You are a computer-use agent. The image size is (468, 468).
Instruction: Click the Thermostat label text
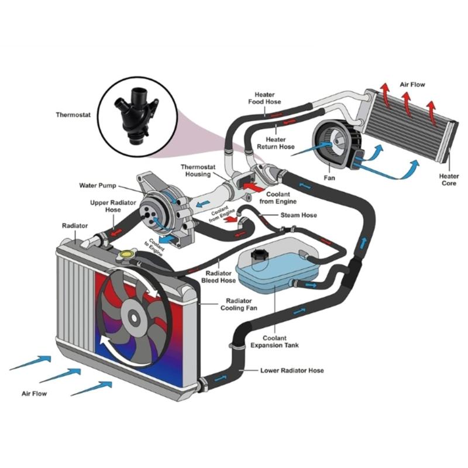[x=73, y=115]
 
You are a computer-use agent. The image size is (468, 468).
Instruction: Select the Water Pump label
[x=97, y=185]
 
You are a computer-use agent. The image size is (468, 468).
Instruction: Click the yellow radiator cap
[x=127, y=256]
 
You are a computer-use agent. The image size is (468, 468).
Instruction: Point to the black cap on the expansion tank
[x=258, y=256]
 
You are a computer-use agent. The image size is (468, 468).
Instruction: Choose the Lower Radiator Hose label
[x=292, y=370]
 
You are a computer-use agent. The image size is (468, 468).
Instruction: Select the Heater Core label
[x=449, y=180]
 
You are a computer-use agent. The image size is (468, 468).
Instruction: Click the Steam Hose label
[x=298, y=215]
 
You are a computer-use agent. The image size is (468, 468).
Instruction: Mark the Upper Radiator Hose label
[x=105, y=207]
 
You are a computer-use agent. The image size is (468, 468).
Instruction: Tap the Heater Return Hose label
[x=280, y=143]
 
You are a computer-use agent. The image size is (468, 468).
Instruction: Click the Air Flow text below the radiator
[x=34, y=394]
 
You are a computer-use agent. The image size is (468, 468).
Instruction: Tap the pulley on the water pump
[x=153, y=212]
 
